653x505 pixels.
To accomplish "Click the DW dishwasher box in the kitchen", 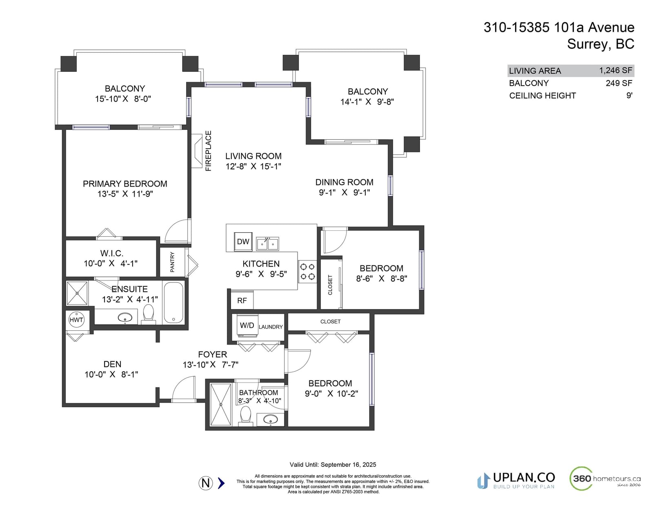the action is (x=243, y=242).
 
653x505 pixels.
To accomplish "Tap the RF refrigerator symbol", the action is (x=242, y=300).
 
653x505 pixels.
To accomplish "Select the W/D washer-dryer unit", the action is (x=247, y=325).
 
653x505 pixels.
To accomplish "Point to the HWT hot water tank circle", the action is (x=76, y=320).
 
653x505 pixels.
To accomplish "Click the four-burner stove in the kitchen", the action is (x=307, y=271).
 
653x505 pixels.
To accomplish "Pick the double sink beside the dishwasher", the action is (x=267, y=244).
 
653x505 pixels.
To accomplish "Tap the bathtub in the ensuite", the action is (x=174, y=303).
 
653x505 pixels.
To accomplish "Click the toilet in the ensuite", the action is (x=149, y=314).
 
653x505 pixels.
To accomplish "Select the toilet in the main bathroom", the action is (x=246, y=416).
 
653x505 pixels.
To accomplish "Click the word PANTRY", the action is (x=172, y=262).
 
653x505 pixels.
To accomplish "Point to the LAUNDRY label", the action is (x=271, y=327).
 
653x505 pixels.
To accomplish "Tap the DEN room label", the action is (x=112, y=364).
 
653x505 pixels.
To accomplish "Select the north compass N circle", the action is (x=206, y=483).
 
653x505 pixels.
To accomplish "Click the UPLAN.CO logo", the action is (x=516, y=481).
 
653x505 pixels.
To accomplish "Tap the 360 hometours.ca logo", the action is (x=605, y=478).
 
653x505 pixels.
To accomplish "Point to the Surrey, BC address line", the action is (x=601, y=44).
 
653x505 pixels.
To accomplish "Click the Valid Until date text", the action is (x=333, y=465).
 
